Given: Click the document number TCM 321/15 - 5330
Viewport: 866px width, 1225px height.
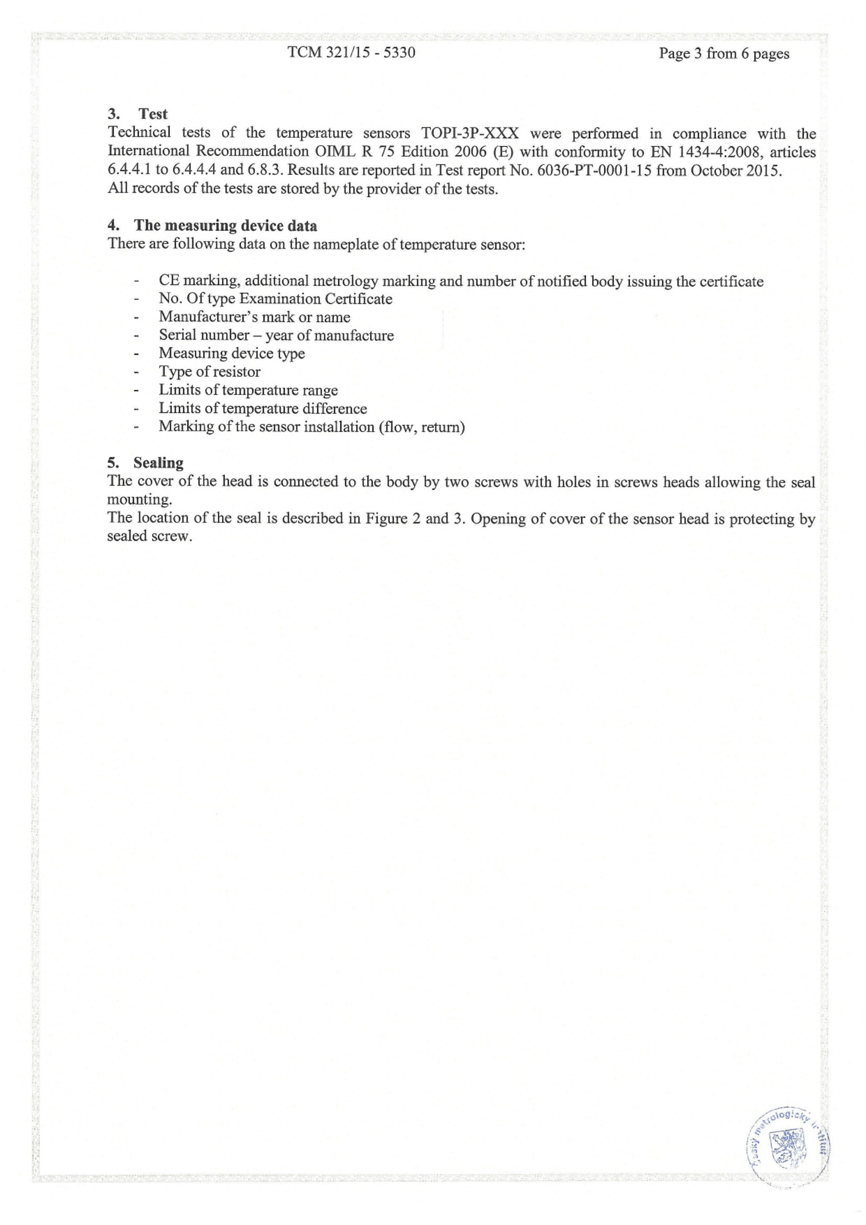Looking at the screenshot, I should point(351,52).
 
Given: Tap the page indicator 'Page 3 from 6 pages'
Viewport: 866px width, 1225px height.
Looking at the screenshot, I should point(724,53).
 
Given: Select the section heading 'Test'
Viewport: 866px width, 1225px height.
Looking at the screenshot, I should point(152,114).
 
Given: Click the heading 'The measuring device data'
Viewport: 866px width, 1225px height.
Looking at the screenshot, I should point(225,225).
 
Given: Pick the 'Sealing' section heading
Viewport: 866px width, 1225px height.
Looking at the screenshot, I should point(158,462).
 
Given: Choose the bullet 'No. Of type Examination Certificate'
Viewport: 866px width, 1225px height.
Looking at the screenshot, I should point(275,299).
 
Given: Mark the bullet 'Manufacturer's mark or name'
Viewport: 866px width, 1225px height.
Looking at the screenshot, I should point(254,317).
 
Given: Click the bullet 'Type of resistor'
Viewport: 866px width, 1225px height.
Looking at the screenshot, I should point(209,371).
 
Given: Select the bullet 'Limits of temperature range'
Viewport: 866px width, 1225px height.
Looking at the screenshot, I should point(248,390).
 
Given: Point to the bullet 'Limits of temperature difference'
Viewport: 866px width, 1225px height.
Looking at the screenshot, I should point(262,408).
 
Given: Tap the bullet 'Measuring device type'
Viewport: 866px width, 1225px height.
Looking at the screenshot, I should point(231,353).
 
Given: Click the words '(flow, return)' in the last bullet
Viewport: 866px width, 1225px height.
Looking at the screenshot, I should point(421,427).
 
